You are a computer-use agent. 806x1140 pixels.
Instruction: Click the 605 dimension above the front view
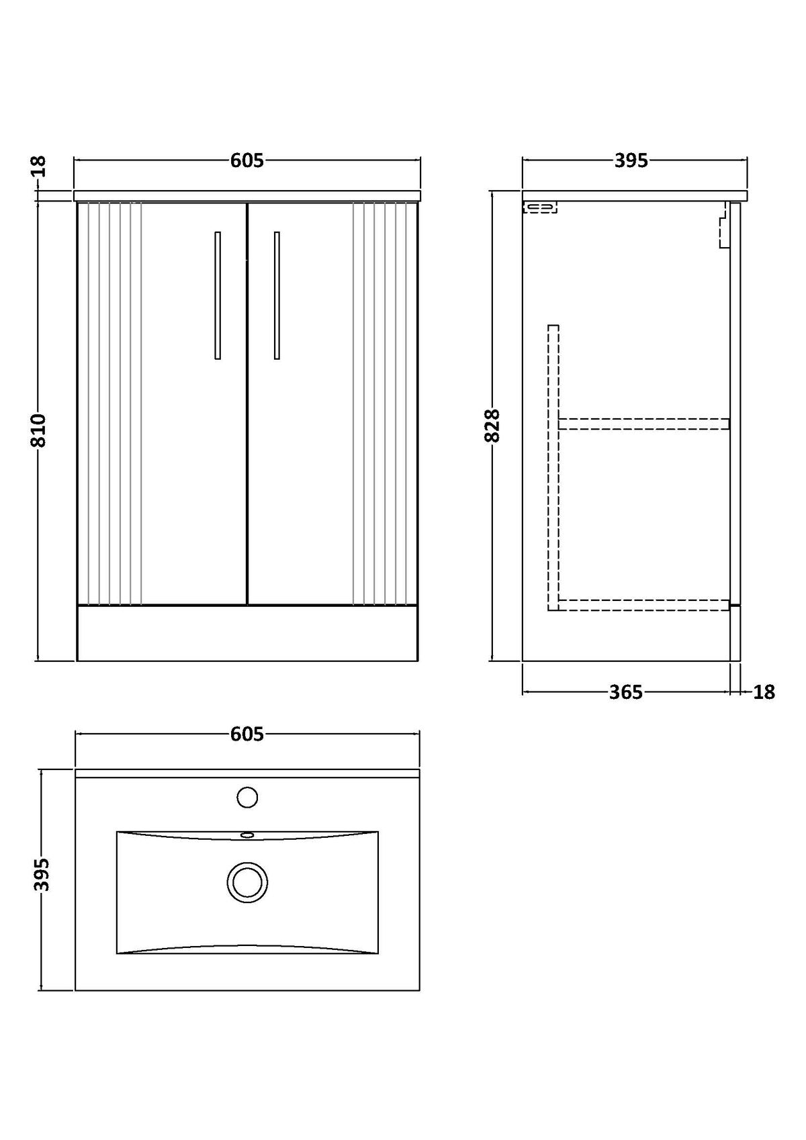(247, 161)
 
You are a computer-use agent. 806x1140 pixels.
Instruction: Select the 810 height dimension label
(39, 430)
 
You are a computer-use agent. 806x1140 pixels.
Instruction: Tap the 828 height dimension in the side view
(492, 426)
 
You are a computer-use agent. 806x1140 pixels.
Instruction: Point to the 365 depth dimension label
(626, 692)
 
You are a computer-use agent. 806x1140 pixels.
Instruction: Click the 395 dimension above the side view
(631, 161)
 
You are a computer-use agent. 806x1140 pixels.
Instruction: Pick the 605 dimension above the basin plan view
(247, 734)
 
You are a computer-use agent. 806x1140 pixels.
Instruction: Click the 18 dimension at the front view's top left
(39, 167)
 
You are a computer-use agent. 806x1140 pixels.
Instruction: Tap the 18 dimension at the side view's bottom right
(764, 692)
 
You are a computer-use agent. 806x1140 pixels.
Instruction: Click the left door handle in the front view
(218, 295)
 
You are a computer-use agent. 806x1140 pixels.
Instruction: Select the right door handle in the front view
(277, 295)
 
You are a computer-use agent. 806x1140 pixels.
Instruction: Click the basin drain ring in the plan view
(247, 883)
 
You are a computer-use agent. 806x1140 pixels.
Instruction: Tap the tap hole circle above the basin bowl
(247, 797)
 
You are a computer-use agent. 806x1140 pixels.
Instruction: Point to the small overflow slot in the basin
(247, 835)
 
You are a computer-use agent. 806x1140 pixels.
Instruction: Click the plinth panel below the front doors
(247, 633)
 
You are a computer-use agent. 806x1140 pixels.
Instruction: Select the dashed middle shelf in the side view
(644, 424)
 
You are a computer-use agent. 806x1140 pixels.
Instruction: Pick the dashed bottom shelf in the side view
(644, 605)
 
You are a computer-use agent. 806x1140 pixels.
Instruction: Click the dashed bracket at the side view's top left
(540, 207)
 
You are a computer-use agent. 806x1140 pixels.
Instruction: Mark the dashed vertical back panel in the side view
(553, 468)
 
